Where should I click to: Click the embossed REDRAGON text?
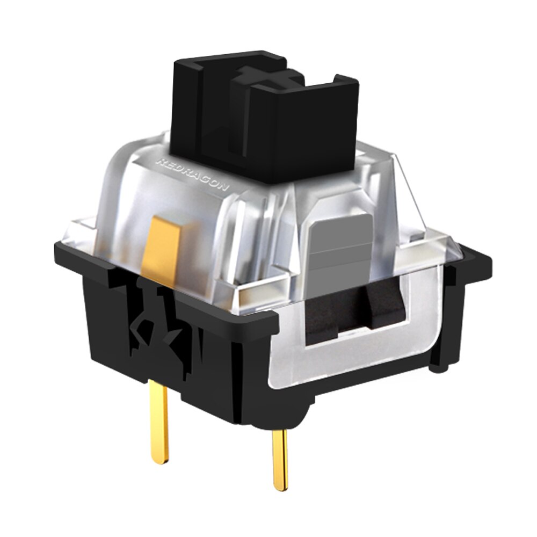point(192,173)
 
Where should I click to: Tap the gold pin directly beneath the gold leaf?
point(158,424)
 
